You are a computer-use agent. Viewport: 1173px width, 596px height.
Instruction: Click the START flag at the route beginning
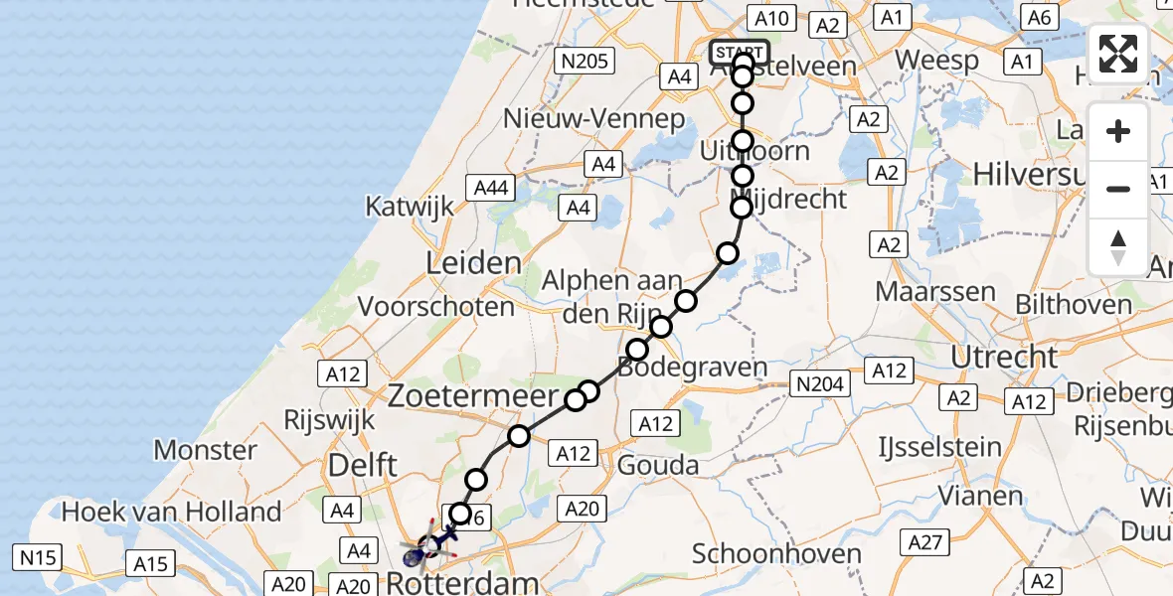[740, 52]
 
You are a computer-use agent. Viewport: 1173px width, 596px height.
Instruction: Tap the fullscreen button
[1118, 55]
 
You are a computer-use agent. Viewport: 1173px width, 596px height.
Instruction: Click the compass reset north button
[1118, 246]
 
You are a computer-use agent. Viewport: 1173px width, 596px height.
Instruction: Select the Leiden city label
[473, 263]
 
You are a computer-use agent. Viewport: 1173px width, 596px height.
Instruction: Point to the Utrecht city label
[1004, 356]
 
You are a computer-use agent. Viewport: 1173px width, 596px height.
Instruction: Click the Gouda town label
[658, 464]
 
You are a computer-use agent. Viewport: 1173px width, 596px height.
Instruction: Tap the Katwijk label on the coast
[410, 207]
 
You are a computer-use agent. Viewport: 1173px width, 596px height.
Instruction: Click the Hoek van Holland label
[172, 513]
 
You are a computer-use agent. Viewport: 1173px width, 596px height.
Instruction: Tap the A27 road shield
[926, 541]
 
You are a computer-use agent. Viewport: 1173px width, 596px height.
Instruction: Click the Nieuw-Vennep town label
[594, 119]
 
